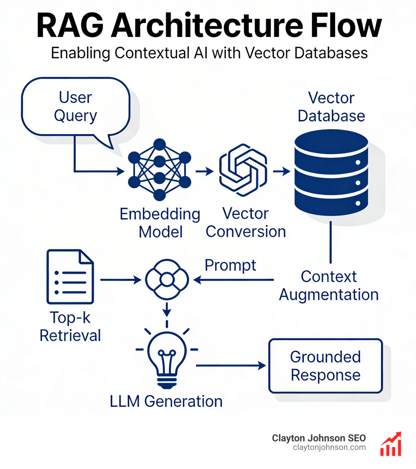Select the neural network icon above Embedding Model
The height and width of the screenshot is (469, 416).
159,169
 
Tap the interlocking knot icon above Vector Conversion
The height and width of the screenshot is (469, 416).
243,169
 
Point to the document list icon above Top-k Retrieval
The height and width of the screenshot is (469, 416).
70,277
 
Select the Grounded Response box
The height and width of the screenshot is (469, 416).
325,366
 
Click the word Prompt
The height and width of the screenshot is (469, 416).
230,265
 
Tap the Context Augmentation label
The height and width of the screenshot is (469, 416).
329,285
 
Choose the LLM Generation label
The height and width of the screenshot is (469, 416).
166,401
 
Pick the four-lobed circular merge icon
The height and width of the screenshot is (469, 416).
167,280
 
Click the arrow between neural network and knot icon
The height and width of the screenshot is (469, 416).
204,172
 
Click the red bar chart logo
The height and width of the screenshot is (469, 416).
391,444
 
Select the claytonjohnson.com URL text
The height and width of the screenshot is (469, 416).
329,447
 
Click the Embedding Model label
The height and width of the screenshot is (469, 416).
160,223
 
